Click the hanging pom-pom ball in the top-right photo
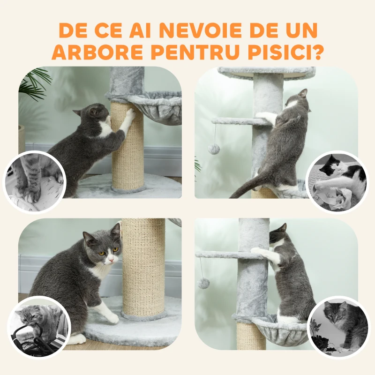[x=214, y=149]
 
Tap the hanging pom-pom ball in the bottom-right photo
[x=203, y=283]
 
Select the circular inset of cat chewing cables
[x=39, y=327]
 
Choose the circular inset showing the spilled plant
[x=338, y=327]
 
